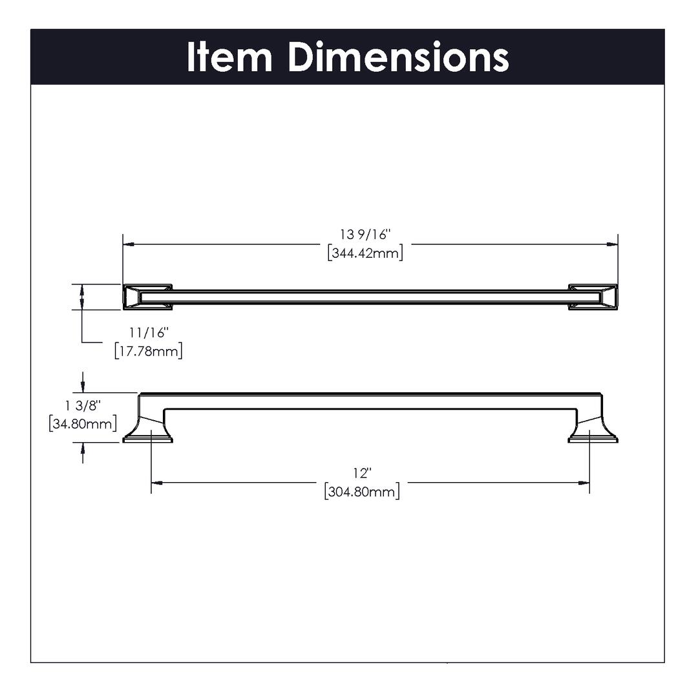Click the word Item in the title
tap(229, 57)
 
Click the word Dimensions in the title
tap(398, 57)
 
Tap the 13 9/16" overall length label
tap(365, 235)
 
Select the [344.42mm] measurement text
tap(365, 253)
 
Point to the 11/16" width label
tap(149, 333)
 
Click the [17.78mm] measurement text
tap(149, 351)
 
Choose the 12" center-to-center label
tap(363, 472)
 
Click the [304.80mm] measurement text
tap(362, 491)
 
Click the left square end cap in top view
tap(147, 297)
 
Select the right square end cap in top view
tap(593, 297)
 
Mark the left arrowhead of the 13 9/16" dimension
tap(129, 244)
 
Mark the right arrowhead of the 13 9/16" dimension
tap(613, 244)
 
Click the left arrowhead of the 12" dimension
tap(156, 483)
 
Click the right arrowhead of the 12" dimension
tap(584, 483)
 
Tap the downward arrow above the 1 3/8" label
tap(82, 383)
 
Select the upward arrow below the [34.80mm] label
tap(82, 452)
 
